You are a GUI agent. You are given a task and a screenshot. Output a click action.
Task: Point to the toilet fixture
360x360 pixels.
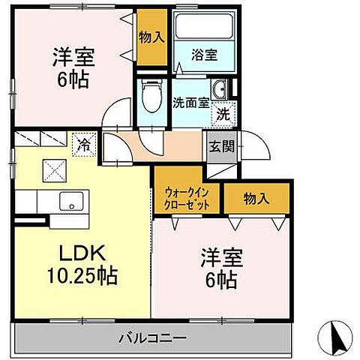pyautogui.click(x=150, y=98)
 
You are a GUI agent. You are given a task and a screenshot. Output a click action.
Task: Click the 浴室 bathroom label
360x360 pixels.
pyautogui.click(x=204, y=55)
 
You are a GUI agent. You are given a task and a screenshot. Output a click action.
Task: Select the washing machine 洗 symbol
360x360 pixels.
pyautogui.click(x=223, y=115)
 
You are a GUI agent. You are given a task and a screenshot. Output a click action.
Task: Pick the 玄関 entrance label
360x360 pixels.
pyautogui.click(x=218, y=146)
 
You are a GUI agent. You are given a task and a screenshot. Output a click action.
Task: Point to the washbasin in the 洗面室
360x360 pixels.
pyautogui.click(x=219, y=91)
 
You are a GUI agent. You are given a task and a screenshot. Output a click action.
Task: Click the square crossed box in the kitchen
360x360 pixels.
pyautogui.click(x=54, y=171)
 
